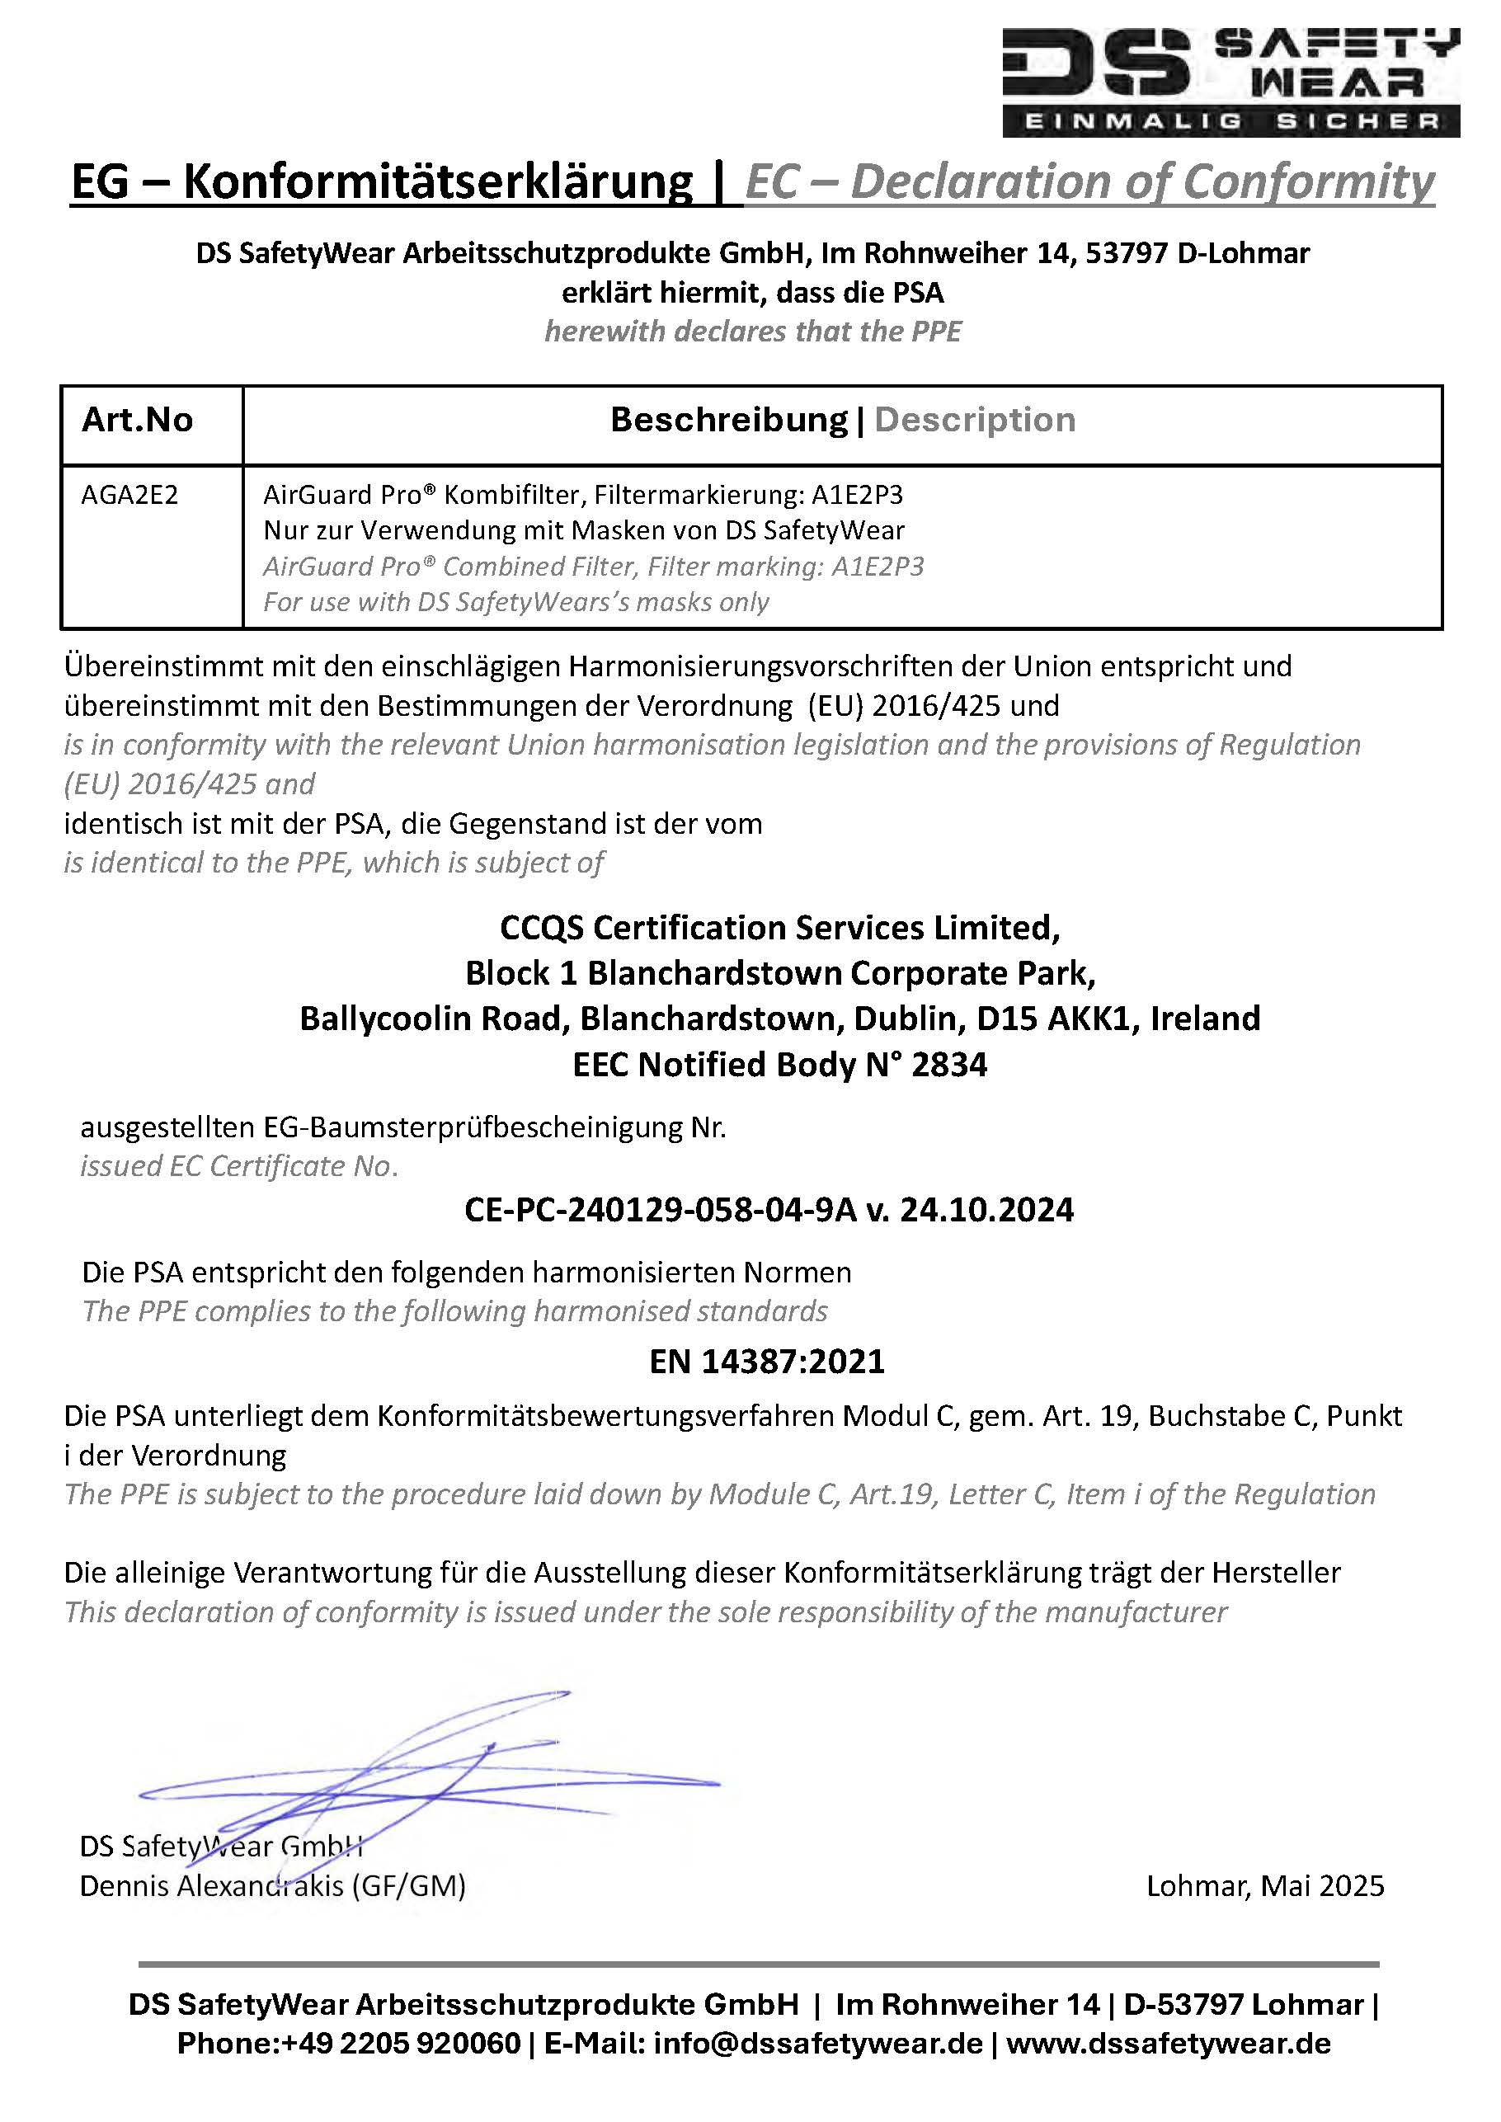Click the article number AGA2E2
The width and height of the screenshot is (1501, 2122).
tap(129, 496)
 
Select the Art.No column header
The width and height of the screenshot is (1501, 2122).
tap(137, 421)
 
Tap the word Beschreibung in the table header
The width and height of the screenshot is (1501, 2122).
tap(728, 421)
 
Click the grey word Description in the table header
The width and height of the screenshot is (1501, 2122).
tap(974, 421)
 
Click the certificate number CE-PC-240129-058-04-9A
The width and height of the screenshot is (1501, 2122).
tap(661, 1210)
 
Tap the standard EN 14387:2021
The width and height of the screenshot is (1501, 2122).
tap(766, 1362)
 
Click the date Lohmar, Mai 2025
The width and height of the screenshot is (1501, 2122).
tap(1264, 1885)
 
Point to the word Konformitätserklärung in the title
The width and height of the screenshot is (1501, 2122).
tap(437, 182)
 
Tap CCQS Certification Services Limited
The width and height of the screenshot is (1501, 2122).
tap(779, 927)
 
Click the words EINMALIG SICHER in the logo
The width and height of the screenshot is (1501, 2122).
tap(1230, 122)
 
